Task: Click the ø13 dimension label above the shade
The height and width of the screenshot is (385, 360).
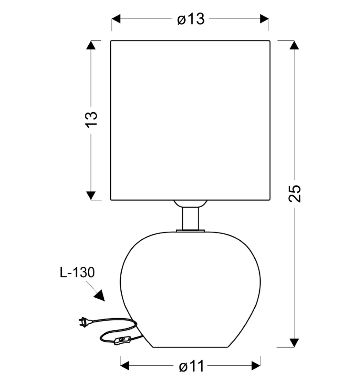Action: (x=191, y=19)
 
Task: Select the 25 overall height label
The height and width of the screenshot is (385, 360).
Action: (x=294, y=194)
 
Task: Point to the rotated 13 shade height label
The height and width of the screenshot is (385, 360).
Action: (x=91, y=119)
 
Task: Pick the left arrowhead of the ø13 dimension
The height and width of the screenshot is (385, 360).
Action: (x=116, y=19)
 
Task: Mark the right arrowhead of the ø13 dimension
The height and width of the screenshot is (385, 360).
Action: (x=264, y=19)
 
